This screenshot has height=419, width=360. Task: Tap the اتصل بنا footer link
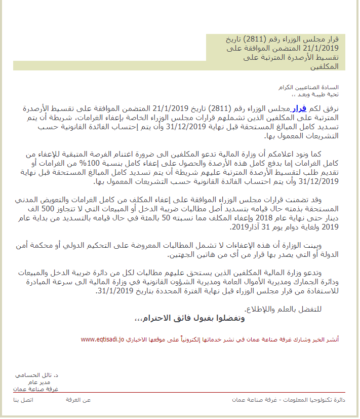pyautogui.click(x=23, y=400)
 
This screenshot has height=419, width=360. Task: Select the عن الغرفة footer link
pyautogui.click(x=78, y=400)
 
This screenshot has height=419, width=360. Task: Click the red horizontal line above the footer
pyautogui.click(x=180, y=392)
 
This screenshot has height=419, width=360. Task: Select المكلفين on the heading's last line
pyautogui.click(x=321, y=66)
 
